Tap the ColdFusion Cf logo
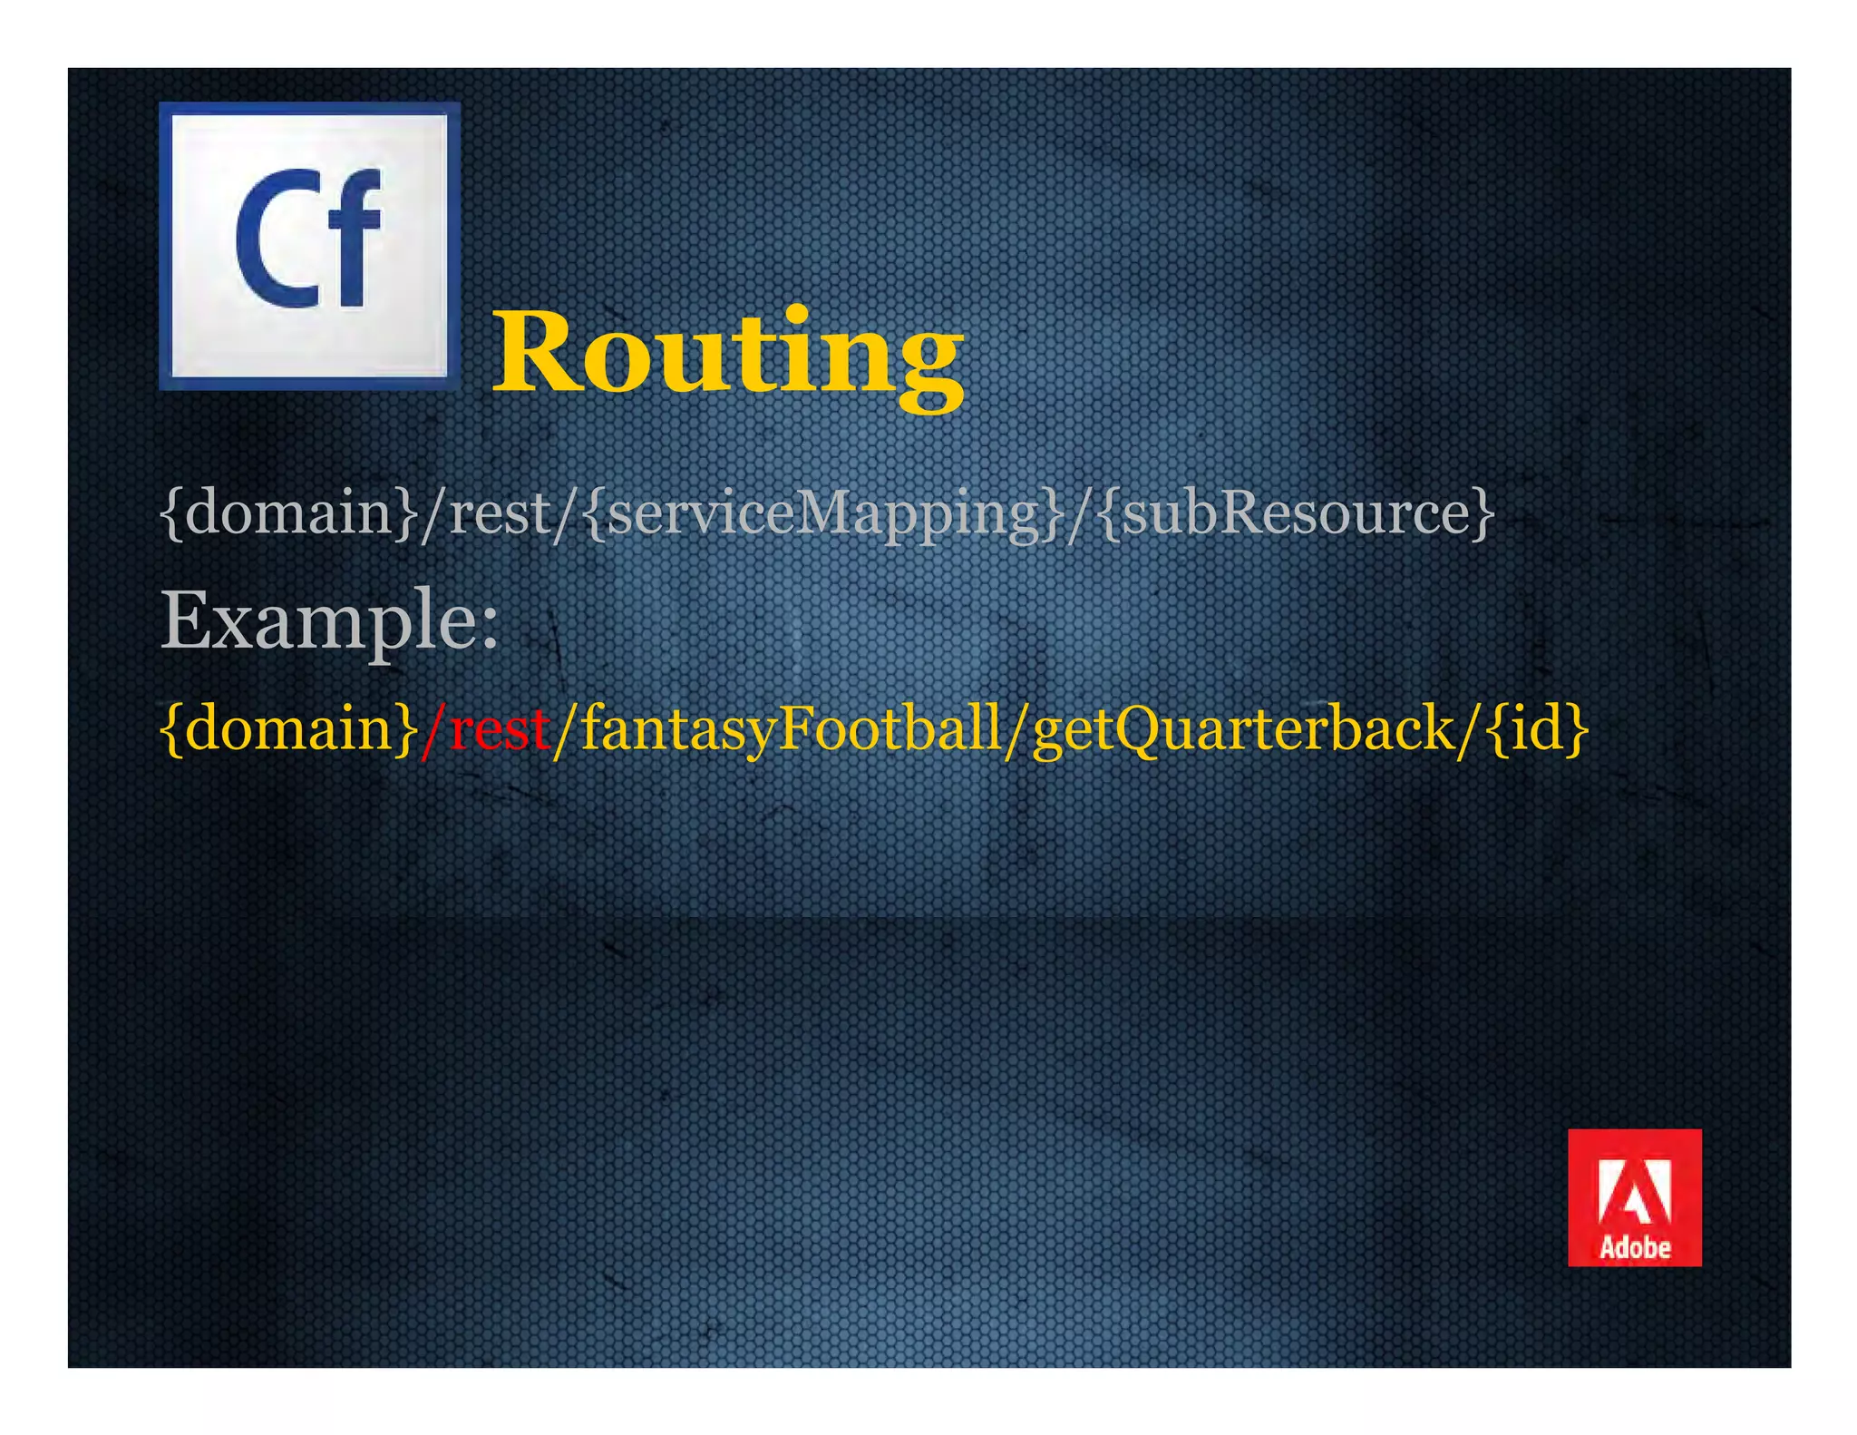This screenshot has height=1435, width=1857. click(309, 246)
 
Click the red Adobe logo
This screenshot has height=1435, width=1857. click(1634, 1196)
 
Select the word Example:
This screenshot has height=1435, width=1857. click(328, 620)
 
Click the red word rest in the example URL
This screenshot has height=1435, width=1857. click(499, 728)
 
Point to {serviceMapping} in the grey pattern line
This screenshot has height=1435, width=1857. click(821, 513)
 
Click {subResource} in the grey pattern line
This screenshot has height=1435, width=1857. click(1297, 513)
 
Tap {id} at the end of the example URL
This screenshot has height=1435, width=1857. click(1538, 728)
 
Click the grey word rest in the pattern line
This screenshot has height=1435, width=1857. click(500, 513)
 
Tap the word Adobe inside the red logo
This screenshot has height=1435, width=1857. click(1634, 1248)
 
